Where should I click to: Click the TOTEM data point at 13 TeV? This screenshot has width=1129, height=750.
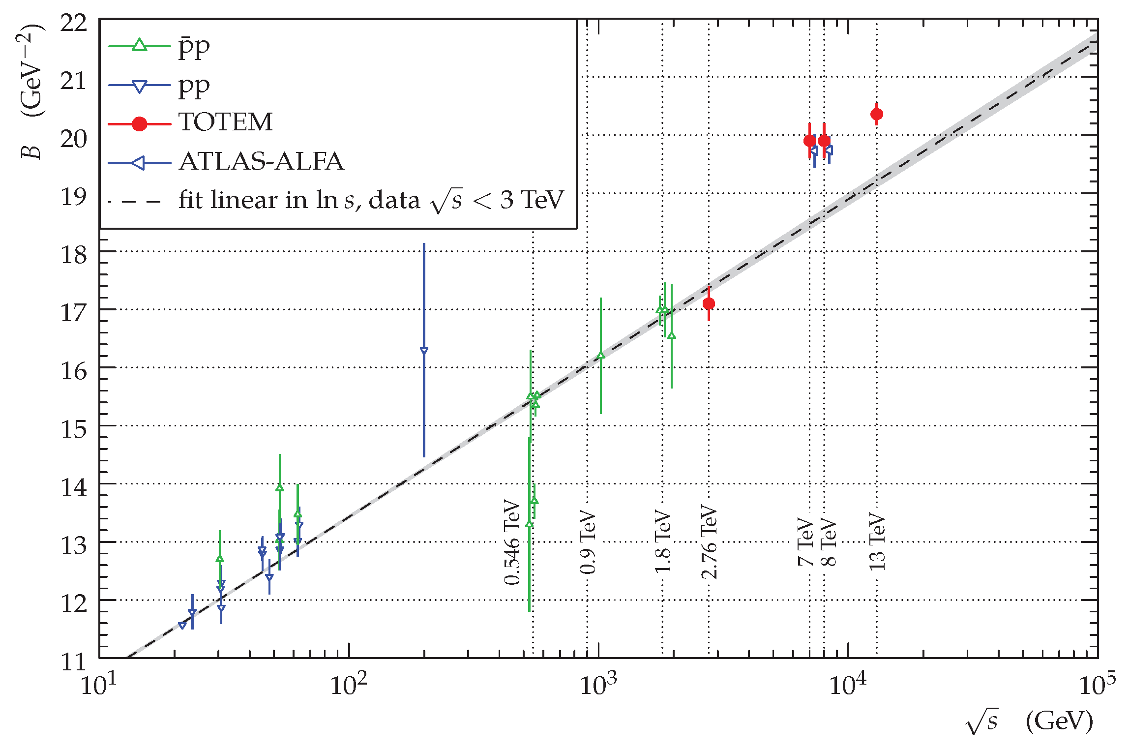(x=876, y=114)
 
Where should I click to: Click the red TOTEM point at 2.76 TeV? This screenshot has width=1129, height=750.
(x=709, y=303)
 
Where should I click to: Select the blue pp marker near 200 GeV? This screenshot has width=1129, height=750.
(x=424, y=350)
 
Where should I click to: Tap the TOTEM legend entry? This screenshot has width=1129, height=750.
(x=225, y=122)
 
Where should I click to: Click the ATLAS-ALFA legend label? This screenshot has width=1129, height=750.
(x=261, y=162)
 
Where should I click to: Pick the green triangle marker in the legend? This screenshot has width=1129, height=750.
(x=140, y=45)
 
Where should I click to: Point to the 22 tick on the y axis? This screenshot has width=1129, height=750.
(x=74, y=23)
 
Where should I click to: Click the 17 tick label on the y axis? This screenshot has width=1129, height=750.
(x=74, y=313)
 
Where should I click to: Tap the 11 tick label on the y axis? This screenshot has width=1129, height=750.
(x=74, y=662)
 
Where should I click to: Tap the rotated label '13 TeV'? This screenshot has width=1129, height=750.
(x=877, y=541)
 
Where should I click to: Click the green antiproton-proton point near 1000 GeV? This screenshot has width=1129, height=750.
(x=600, y=356)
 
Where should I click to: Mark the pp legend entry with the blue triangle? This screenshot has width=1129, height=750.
(x=194, y=86)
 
